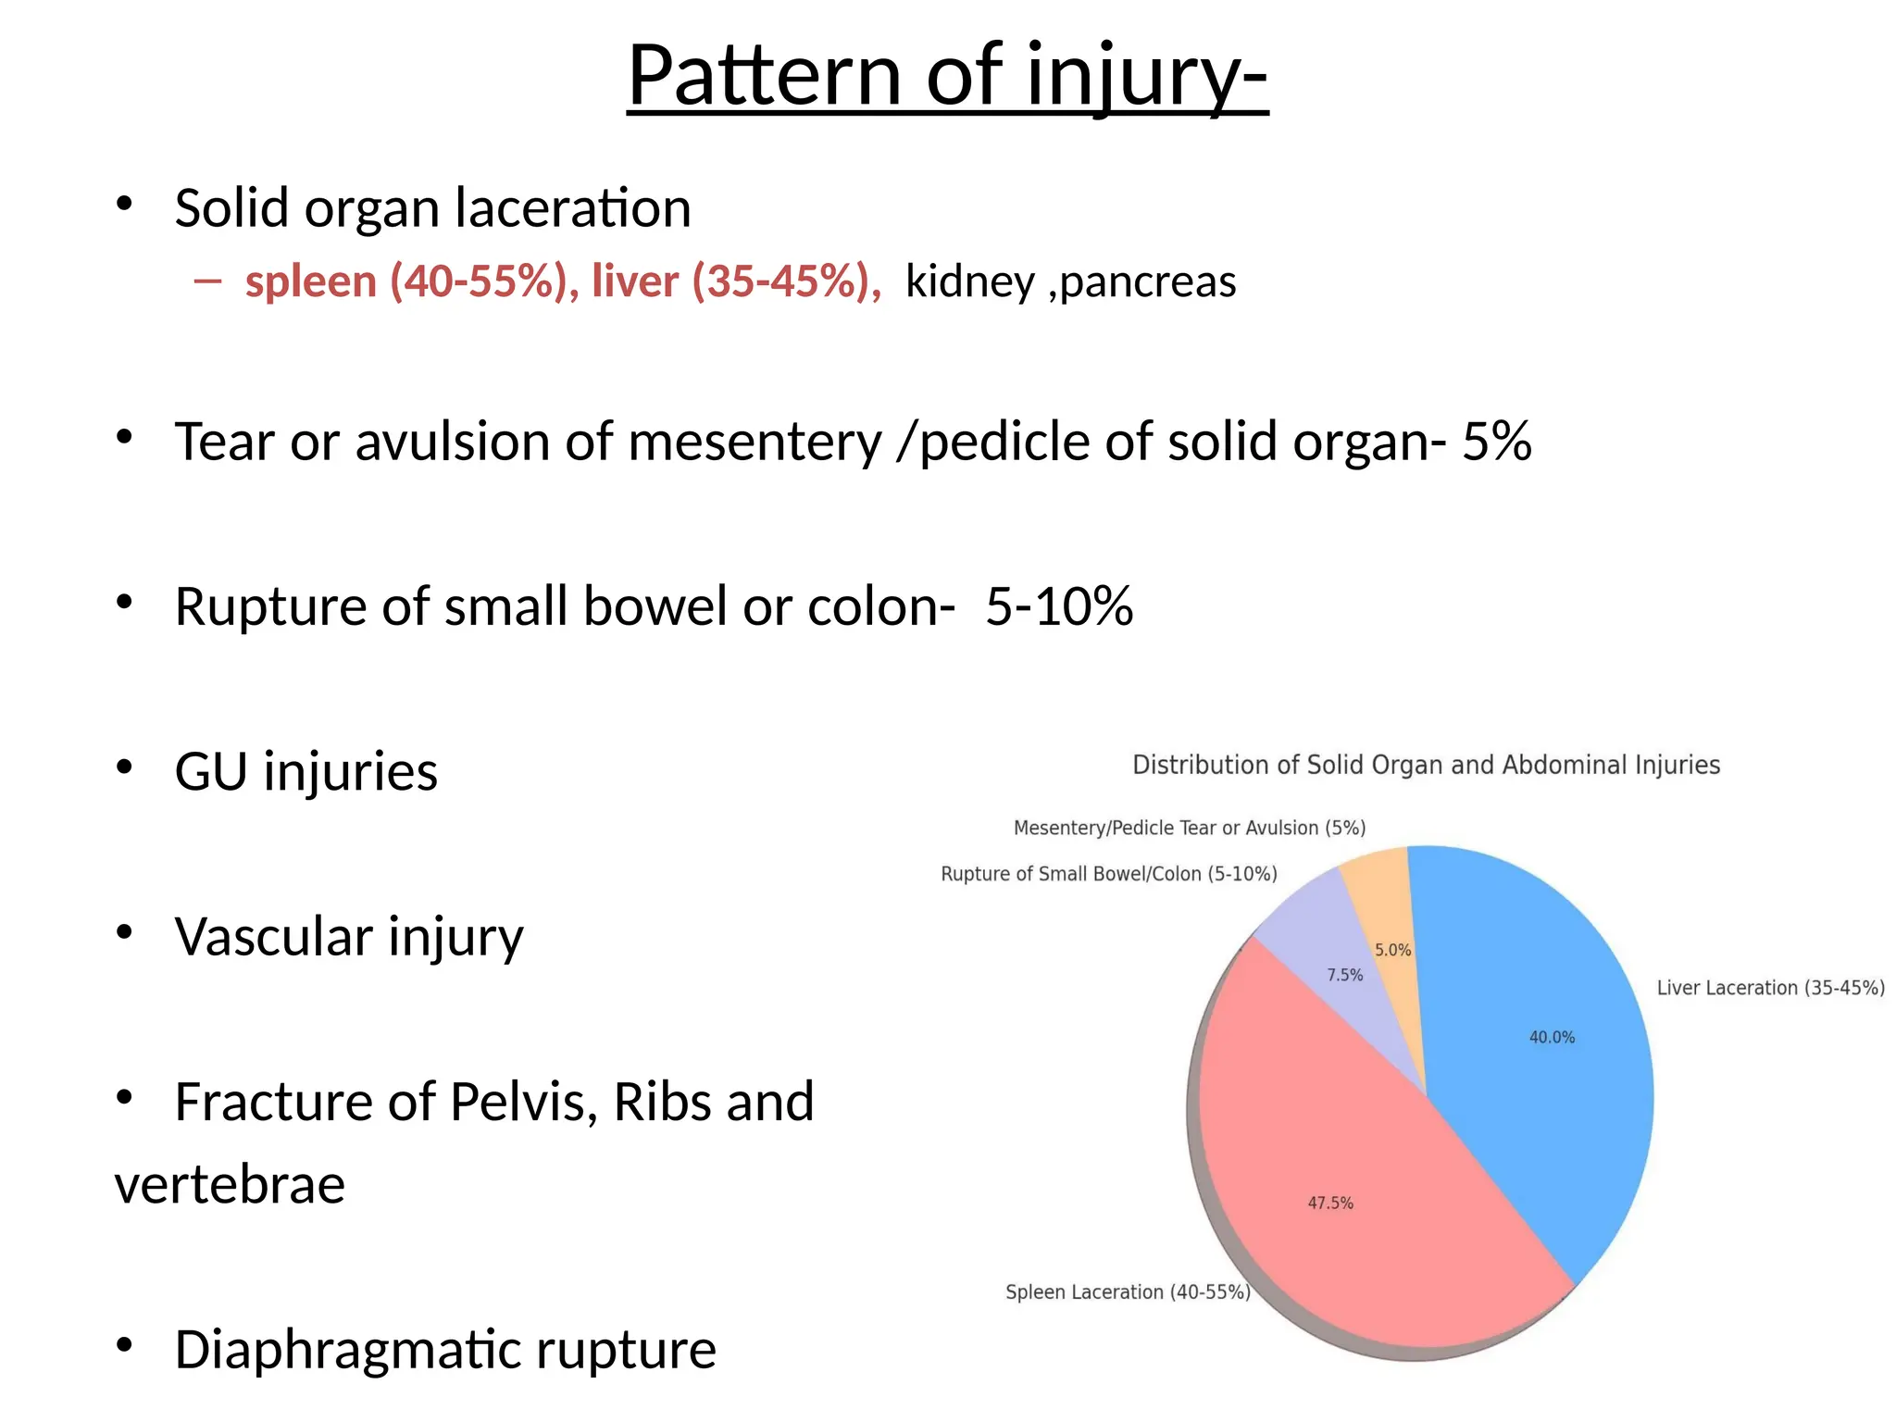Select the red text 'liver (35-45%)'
coord(736,281)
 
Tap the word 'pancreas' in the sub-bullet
coord(1148,281)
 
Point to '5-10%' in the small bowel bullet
coord(1058,607)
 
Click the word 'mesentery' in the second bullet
coord(755,442)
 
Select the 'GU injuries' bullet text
coord(306,772)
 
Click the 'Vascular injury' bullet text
coord(348,937)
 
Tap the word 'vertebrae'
coord(230,1185)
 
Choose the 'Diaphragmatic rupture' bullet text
coord(444,1350)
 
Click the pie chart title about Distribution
coord(1426,766)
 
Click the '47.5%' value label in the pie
coord(1330,1204)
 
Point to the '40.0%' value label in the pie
coord(1552,1038)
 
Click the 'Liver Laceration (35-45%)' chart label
coord(1770,988)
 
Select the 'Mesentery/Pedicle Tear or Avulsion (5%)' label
coord(1190,828)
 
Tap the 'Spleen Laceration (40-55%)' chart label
coord(1128,1292)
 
